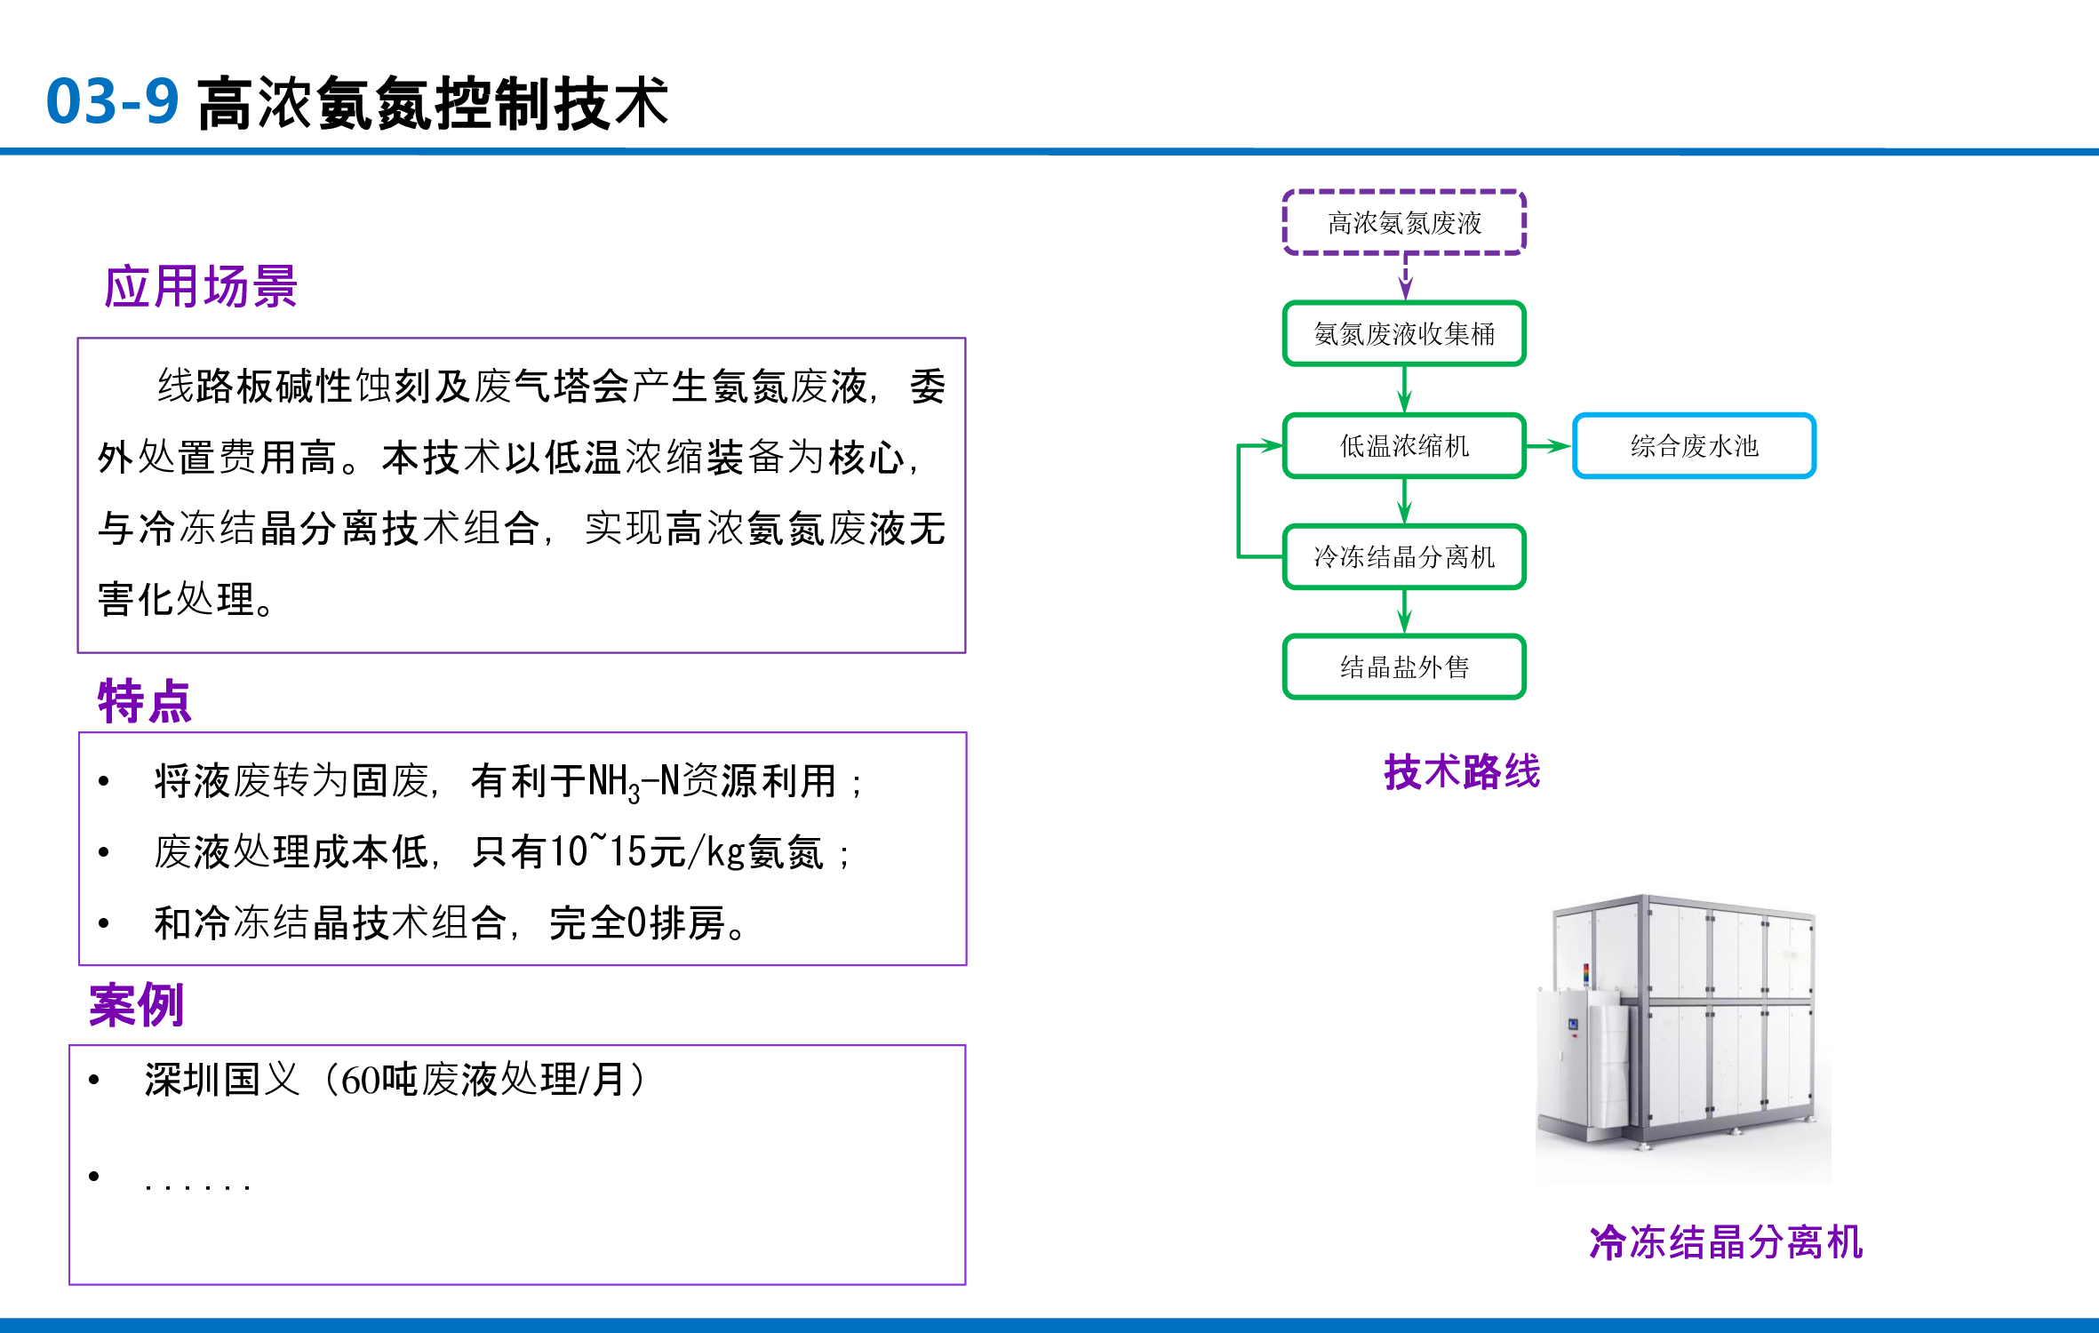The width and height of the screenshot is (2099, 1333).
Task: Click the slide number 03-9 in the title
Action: (x=113, y=101)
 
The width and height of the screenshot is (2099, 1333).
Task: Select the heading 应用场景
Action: (x=201, y=287)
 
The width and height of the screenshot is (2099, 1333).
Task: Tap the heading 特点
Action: (x=145, y=702)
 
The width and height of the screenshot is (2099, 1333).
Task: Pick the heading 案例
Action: (x=137, y=1006)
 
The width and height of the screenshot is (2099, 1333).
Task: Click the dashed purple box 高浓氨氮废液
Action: (x=1404, y=223)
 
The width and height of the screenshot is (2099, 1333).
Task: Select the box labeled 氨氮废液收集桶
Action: (x=1404, y=334)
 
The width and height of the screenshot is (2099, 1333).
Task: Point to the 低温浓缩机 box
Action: (x=1404, y=446)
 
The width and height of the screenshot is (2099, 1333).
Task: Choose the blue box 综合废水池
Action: (x=1694, y=446)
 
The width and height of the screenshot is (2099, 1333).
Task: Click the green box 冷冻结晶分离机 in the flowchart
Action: (x=1404, y=557)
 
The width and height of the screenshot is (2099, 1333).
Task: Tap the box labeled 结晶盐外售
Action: (x=1404, y=667)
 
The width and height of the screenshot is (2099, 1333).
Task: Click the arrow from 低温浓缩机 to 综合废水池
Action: (x=1549, y=446)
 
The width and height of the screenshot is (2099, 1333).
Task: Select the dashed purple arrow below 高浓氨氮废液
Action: (x=1405, y=277)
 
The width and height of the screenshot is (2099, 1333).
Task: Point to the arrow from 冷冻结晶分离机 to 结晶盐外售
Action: (x=1404, y=611)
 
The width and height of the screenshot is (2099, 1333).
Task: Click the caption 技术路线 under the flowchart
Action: (x=1462, y=771)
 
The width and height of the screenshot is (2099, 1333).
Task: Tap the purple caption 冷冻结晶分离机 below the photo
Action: (x=1726, y=1242)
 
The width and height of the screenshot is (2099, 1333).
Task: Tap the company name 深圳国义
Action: (x=222, y=1081)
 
